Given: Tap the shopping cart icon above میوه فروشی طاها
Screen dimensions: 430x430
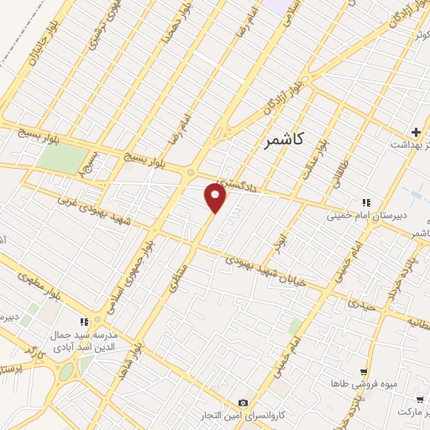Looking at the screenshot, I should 363,371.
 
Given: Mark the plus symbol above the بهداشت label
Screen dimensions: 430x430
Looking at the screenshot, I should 417,131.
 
